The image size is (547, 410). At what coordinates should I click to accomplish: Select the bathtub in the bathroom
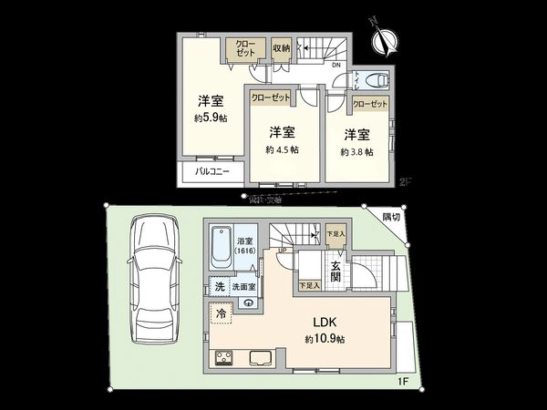(x=222, y=247)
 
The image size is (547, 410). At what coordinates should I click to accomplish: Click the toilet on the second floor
(x=373, y=80)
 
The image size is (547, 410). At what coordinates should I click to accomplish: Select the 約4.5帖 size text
(x=282, y=149)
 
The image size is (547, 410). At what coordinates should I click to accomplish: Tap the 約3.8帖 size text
(x=356, y=151)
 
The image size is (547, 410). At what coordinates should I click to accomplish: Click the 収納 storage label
(x=281, y=48)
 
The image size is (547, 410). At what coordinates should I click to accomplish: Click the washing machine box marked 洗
(x=219, y=287)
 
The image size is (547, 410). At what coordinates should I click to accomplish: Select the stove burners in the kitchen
(x=223, y=357)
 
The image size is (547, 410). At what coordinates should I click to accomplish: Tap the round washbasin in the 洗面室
(x=250, y=304)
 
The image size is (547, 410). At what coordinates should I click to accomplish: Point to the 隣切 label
(x=390, y=217)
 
